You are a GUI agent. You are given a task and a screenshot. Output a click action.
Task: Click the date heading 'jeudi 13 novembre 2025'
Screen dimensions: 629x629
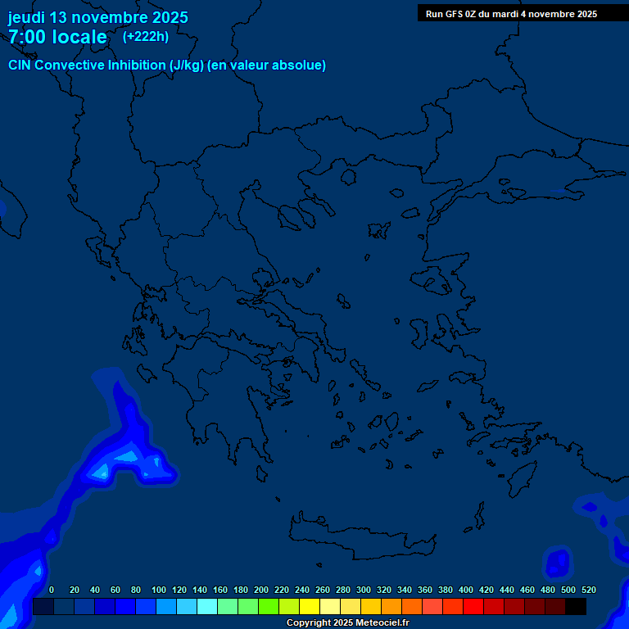98,17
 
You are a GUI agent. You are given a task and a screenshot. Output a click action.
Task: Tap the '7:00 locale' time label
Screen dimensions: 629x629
57,37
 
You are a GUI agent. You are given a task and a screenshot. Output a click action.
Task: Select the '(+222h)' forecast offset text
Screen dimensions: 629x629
146,36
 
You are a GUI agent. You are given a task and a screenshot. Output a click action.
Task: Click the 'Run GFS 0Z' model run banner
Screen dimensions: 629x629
511,14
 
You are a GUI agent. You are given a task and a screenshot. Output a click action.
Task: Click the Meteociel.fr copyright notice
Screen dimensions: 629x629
347,623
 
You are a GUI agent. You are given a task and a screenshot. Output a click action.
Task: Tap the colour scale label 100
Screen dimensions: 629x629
159,590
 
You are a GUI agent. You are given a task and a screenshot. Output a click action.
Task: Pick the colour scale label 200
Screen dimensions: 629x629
261,590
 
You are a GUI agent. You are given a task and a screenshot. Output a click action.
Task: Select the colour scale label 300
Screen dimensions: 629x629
364,590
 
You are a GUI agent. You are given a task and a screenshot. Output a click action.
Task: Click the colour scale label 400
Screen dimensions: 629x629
466,590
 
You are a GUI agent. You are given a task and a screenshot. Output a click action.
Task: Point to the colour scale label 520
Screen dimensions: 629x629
589,590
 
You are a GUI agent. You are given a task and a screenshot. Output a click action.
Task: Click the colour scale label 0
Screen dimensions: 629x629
52,590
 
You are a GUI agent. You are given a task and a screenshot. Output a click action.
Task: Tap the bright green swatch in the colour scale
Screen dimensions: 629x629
269,607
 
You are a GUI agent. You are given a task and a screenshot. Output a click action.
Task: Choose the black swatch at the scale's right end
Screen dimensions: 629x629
576,607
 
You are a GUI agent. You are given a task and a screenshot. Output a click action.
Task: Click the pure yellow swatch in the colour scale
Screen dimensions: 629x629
310,607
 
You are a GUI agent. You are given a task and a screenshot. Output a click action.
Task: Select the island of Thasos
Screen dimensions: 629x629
348,176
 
